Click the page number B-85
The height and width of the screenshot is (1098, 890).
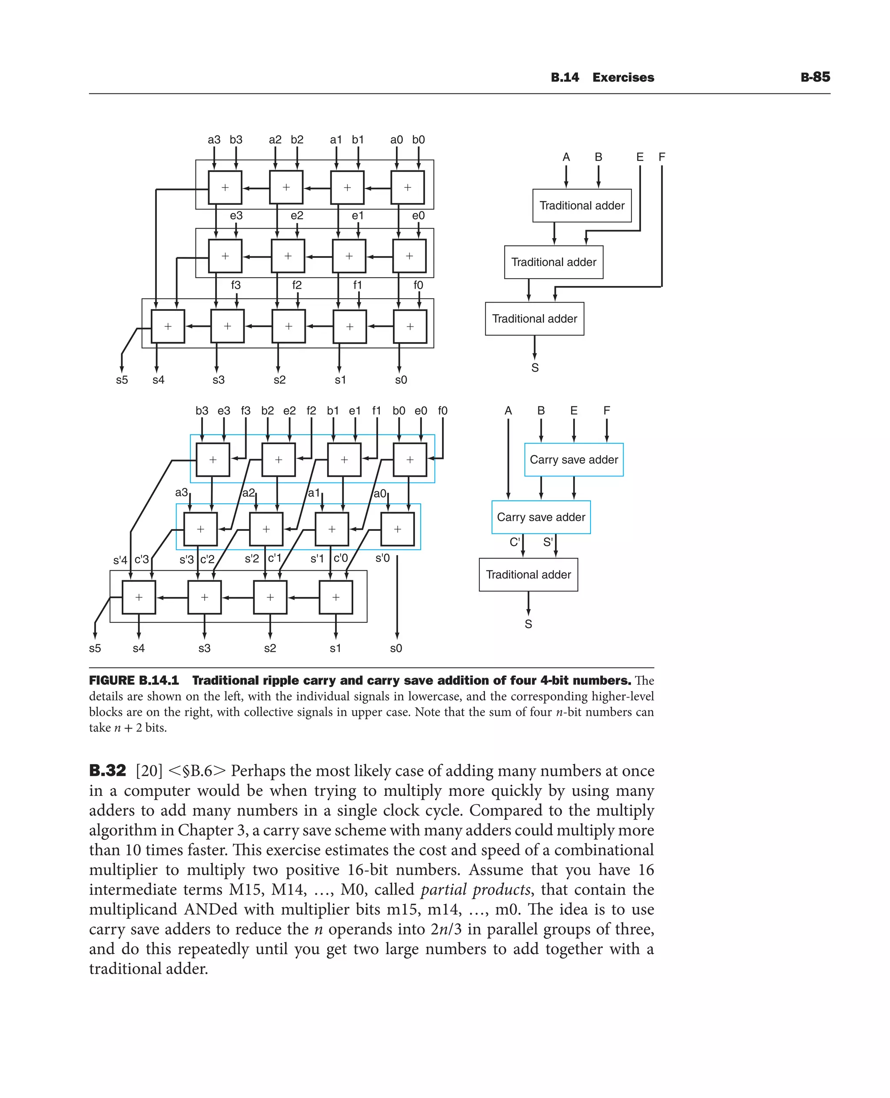coord(815,77)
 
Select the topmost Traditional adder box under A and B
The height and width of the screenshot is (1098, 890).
coord(582,206)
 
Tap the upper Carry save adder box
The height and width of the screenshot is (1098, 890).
coord(574,459)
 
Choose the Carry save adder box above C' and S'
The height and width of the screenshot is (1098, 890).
coord(541,517)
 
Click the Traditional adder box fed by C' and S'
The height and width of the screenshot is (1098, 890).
coord(528,574)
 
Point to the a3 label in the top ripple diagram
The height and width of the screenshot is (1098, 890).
coord(214,140)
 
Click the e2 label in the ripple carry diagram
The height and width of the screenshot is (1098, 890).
coord(297,216)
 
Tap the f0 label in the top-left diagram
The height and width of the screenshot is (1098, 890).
coord(418,285)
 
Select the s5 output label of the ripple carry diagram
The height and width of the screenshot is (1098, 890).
coord(122,380)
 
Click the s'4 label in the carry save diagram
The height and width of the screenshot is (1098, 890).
coord(120,560)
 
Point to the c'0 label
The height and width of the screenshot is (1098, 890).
coord(340,558)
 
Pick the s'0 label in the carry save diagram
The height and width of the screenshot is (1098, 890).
coord(382,558)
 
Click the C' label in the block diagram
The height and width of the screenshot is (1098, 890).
coord(515,542)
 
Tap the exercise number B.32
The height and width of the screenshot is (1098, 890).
coord(107,770)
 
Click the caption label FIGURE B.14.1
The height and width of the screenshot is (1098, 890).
coord(134,681)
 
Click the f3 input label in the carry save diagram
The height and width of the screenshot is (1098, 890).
coord(246,411)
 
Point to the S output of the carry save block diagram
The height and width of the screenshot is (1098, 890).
coord(528,624)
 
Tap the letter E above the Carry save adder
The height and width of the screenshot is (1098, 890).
coord(574,411)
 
